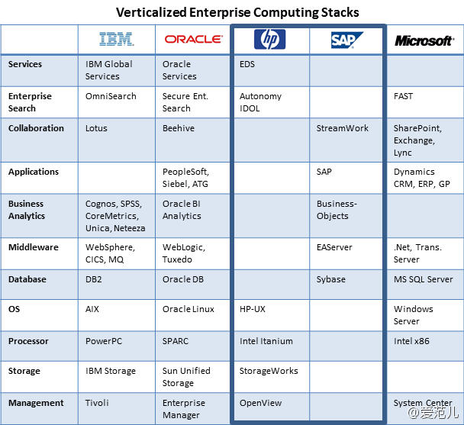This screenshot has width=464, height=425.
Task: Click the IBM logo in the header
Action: point(116,39)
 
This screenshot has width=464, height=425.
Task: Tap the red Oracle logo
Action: point(194,40)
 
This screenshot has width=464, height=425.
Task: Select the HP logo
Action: point(269,39)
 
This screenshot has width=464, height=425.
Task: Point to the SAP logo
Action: point(346,40)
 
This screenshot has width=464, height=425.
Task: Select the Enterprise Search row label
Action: point(30,102)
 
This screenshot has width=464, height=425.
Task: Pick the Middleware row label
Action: point(34,247)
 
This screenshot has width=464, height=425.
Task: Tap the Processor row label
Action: point(28,341)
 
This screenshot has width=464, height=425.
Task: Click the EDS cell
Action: point(247,64)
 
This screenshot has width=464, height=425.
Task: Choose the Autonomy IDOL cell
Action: point(260,102)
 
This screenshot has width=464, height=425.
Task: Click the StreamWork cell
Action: point(343,128)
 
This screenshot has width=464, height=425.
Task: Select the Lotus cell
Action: point(96,128)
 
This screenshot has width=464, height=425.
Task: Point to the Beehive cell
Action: point(179,128)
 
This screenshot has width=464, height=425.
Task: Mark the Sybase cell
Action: point(331,279)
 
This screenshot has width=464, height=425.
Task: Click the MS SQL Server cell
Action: point(423,279)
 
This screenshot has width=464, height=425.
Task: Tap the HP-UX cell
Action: point(253,309)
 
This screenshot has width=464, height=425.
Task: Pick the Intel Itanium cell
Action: point(266,341)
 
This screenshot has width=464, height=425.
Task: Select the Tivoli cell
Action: point(97,403)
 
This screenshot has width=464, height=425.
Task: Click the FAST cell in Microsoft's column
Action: point(403,96)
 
